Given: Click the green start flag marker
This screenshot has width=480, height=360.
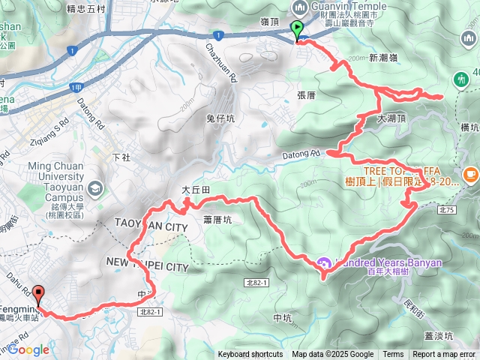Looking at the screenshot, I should [297, 31].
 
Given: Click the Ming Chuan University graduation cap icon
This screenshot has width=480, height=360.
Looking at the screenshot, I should [95, 187].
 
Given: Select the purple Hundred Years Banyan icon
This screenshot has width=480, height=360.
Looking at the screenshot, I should [324, 263].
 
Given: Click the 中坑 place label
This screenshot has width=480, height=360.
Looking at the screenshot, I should [283, 318].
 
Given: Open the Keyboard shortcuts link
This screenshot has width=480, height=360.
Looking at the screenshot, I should [250, 355].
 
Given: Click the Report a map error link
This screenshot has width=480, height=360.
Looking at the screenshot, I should [445, 355].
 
